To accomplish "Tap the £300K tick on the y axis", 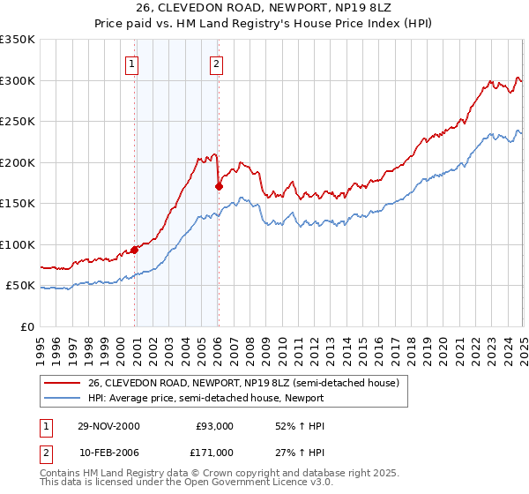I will tap(18, 80).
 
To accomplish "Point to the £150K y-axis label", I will tap(18, 203).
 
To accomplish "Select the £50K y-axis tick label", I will tap(20, 286).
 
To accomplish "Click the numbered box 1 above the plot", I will tap(131, 64).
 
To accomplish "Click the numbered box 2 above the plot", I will tap(215, 64).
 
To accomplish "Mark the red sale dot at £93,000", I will tap(135, 250).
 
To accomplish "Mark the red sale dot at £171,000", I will tap(219, 186).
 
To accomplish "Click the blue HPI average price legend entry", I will tap(224, 398).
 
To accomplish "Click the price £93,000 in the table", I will tap(214, 426).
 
